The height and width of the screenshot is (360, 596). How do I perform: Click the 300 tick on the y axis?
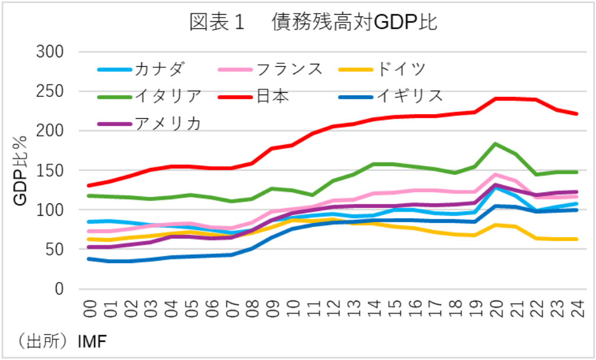50,52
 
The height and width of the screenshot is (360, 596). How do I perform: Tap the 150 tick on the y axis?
50,170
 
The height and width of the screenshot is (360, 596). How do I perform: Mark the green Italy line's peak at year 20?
496,144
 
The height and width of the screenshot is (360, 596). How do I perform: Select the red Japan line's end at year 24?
577,113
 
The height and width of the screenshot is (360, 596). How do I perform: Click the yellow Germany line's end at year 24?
577,239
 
